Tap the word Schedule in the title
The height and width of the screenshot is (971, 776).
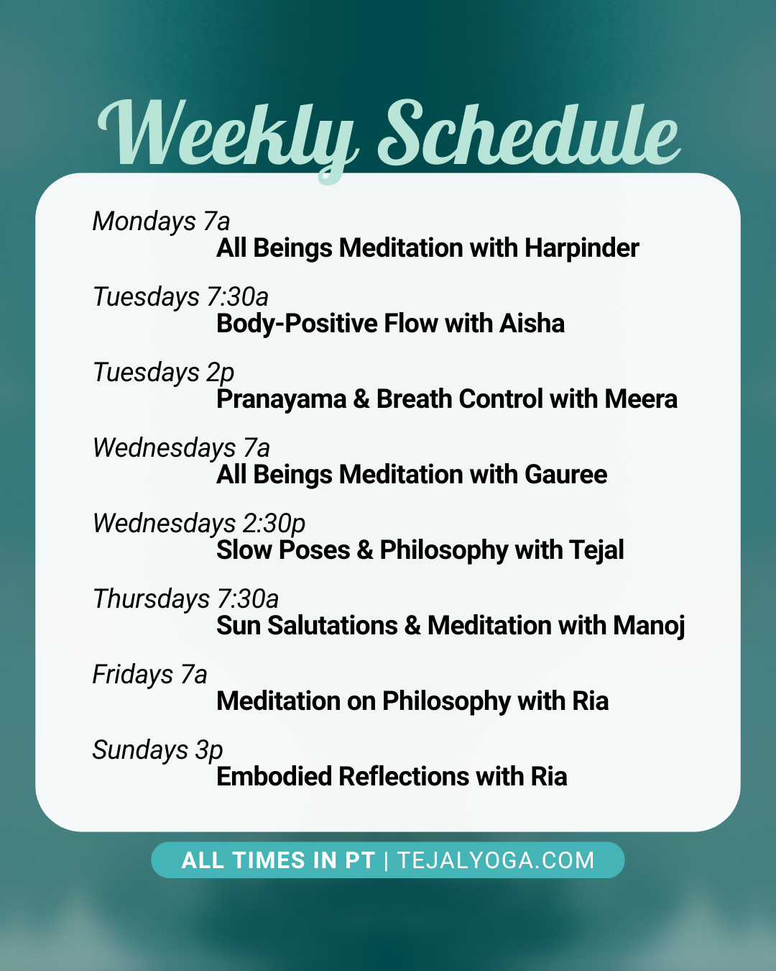point(528,135)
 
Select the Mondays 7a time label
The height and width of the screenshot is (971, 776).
point(162,222)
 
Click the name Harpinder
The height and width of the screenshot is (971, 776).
point(581,248)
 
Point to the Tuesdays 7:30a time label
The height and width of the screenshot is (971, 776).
point(180,297)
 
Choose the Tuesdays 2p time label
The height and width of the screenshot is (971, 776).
point(164,373)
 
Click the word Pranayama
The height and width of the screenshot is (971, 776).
point(282,399)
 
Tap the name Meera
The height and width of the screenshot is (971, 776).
point(641,399)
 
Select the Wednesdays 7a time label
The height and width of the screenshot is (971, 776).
point(181,448)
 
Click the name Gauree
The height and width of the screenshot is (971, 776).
point(565,475)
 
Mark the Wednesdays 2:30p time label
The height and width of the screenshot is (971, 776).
point(199,524)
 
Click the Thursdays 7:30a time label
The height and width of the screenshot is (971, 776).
point(185,599)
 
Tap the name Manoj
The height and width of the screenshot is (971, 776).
point(649,626)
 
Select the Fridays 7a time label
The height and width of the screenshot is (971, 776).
point(150,675)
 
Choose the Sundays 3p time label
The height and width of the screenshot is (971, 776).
point(158,750)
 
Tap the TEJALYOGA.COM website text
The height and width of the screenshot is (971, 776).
point(496,860)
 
